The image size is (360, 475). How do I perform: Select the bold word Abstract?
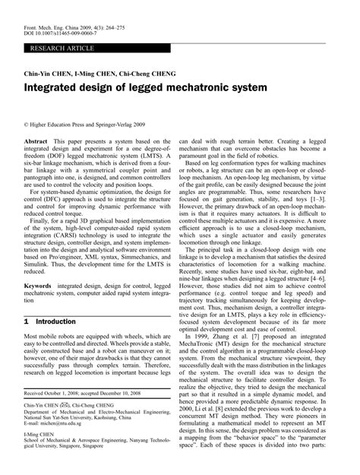[x=38, y=142]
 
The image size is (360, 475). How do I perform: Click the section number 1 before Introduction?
[x=27, y=321]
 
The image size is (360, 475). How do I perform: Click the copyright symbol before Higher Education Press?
[x=27, y=122]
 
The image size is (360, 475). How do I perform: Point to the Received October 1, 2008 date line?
[x=85, y=393]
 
